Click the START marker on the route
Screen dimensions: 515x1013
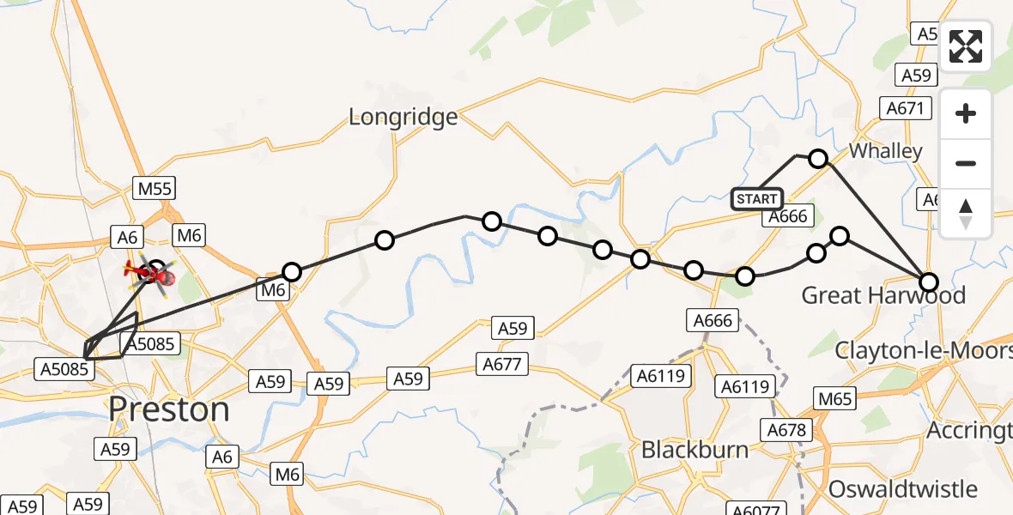756,199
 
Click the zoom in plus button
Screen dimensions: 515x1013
966,114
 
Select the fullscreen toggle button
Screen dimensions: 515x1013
966,45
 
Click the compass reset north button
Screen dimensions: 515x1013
966,213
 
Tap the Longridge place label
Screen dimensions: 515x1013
403,117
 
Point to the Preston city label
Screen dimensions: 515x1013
169,409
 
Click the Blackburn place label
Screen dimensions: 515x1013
695,450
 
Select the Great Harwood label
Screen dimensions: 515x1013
883,295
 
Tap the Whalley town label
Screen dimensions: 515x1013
885,151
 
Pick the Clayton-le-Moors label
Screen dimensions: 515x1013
923,350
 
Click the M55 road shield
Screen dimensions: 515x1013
155,189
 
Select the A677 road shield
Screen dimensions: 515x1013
501,366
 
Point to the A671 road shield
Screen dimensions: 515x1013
907,108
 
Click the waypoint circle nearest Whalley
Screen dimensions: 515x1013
818,159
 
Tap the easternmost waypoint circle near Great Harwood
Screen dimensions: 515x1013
929,282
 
